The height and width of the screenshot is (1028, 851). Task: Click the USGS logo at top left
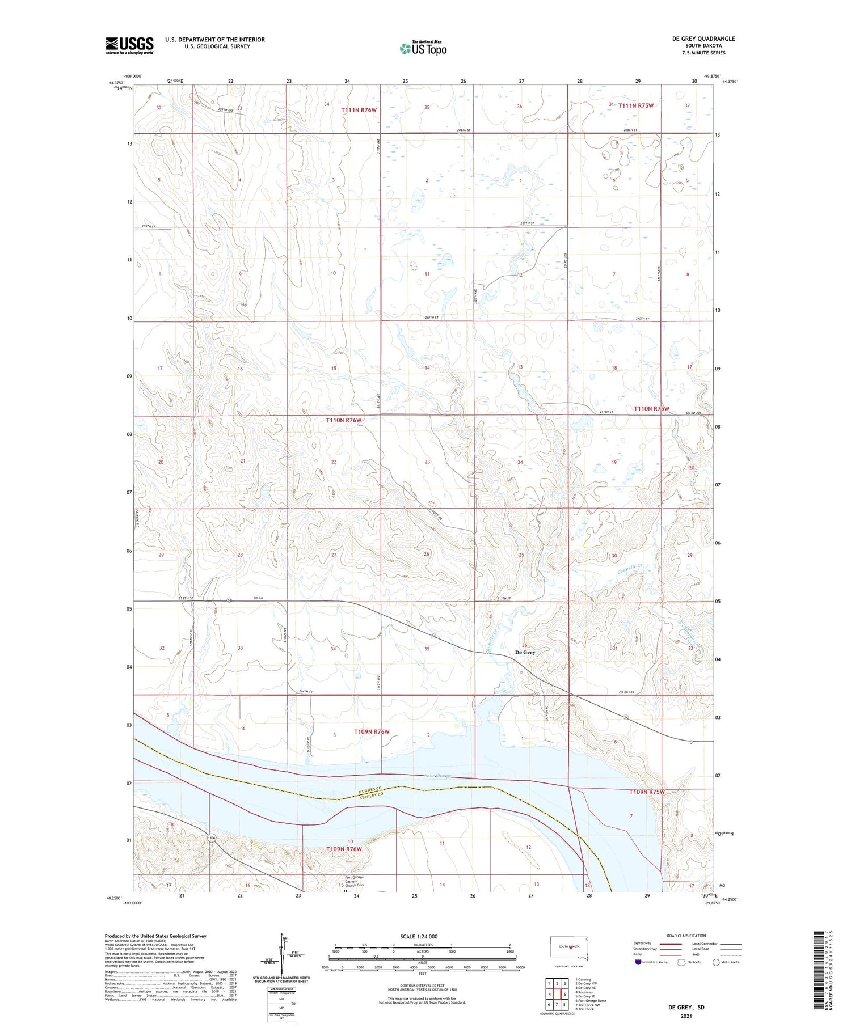(x=129, y=45)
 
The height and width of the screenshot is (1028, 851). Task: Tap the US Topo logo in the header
(x=423, y=48)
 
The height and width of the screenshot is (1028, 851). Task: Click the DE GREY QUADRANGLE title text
(x=703, y=39)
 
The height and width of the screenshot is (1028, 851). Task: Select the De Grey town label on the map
(x=525, y=652)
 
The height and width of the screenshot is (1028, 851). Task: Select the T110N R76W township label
(x=344, y=420)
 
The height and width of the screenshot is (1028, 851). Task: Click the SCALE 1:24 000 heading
(x=419, y=936)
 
